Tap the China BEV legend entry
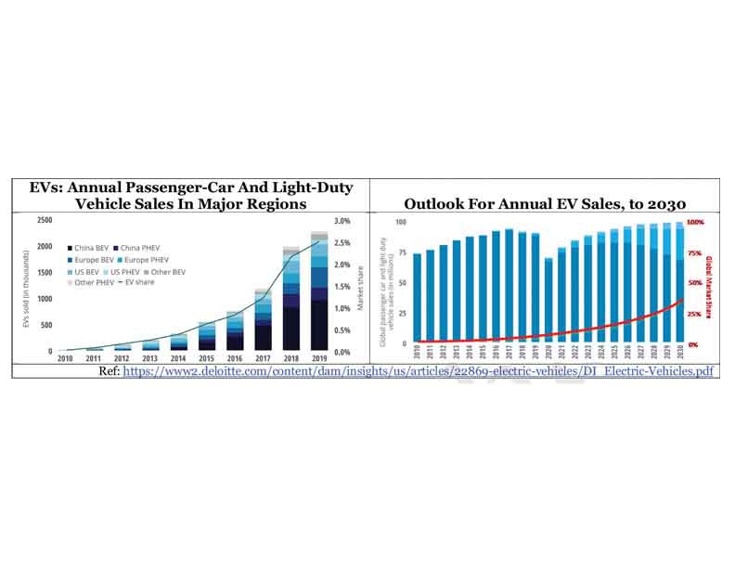click(x=89, y=249)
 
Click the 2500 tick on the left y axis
click(x=45, y=221)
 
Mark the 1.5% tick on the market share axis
click(x=342, y=287)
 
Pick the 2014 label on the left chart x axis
click(x=178, y=357)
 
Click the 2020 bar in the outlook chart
click(x=548, y=302)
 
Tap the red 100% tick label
click(x=696, y=223)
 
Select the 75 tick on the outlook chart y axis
click(x=402, y=252)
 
